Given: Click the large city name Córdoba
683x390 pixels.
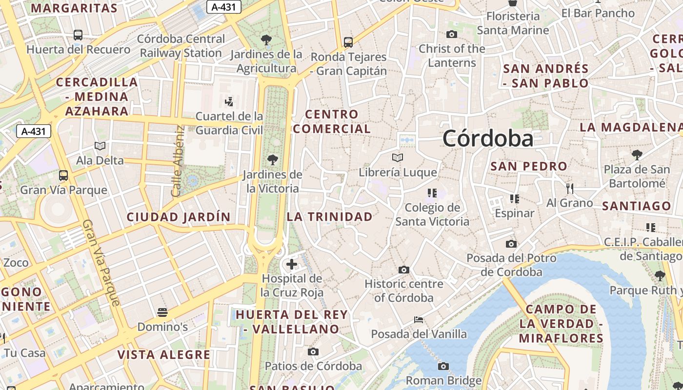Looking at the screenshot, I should click(488, 139).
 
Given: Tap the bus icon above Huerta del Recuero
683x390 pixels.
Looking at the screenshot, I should click(78, 35).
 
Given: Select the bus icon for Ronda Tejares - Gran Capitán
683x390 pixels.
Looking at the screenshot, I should click(348, 42).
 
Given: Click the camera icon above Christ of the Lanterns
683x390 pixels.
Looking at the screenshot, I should click(452, 34).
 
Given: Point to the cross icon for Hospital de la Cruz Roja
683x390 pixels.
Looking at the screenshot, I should click(292, 264).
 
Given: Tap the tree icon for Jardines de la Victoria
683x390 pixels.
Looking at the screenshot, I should click(273, 159).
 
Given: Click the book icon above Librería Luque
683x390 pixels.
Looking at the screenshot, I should click(398, 157).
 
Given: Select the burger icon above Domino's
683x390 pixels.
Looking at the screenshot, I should click(162, 312).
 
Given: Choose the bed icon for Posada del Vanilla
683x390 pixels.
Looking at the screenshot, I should click(419, 320).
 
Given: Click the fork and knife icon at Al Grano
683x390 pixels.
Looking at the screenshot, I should click(569, 188).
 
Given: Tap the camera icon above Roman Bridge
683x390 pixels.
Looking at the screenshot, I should click(443, 366).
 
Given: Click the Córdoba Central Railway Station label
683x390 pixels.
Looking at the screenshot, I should click(181, 46).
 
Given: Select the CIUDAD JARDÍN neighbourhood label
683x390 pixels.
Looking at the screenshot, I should click(179, 217).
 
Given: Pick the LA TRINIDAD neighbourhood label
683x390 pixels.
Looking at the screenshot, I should click(330, 217).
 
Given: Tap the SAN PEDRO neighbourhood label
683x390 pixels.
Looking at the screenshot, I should click(529, 166).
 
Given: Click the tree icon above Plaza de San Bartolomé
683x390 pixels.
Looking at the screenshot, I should click(637, 155).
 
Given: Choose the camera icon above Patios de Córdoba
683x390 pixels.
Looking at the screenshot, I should click(313, 351).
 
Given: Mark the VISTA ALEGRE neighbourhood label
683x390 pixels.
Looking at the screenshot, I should click(164, 354).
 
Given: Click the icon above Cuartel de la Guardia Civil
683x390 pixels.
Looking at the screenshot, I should click(229, 101).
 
